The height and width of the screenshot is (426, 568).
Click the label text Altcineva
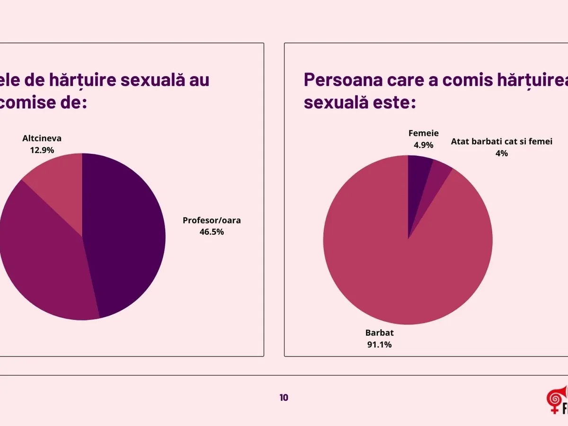42,139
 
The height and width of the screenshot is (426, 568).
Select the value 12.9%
42,150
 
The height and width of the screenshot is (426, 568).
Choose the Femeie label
424,133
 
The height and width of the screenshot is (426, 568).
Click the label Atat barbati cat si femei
501,142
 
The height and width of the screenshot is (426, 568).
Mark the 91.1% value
379,345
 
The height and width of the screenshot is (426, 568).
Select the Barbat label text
380,333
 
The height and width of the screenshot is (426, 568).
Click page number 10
284,398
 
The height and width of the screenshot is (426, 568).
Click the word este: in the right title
394,102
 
